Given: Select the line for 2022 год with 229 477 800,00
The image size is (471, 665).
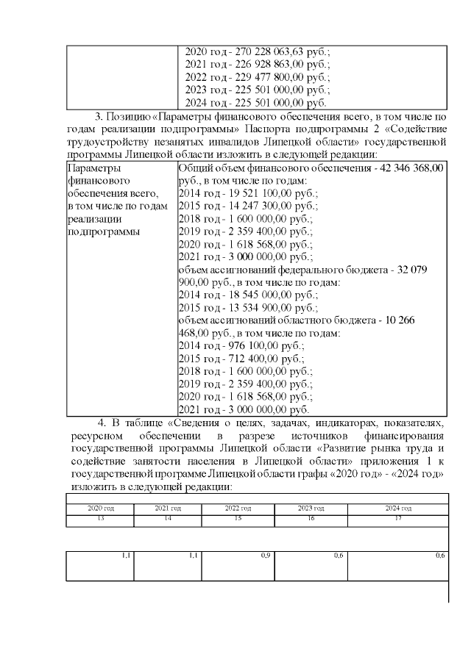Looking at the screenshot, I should [257, 77].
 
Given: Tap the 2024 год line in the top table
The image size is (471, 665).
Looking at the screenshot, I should [255, 103].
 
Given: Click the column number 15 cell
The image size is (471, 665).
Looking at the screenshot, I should [238, 520].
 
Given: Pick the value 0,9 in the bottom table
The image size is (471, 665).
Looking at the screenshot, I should [265, 555].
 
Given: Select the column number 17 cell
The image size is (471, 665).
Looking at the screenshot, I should [398, 520].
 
